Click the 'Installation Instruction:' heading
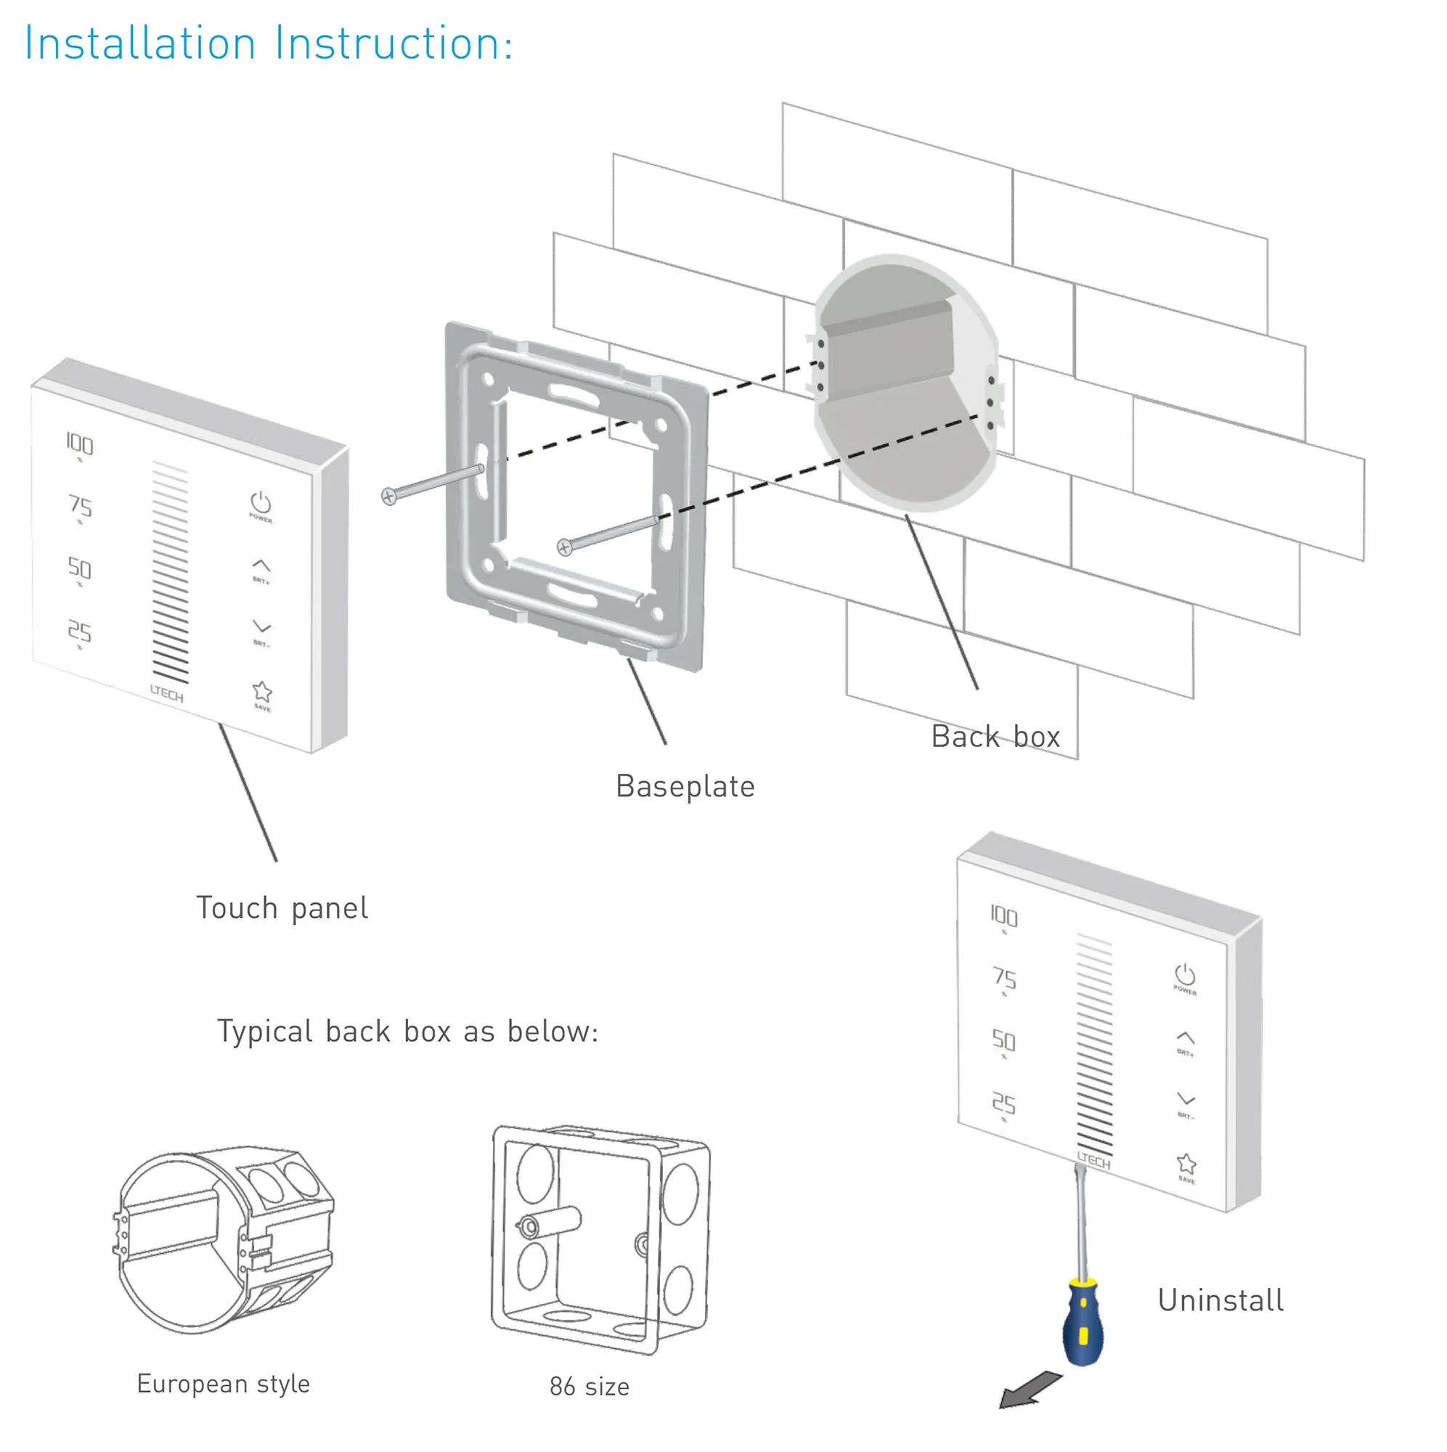[269, 44]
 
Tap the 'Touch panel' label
[282, 909]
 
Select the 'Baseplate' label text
[685, 787]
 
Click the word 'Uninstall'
[1220, 1301]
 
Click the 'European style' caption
[223, 1384]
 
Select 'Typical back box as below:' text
[407, 1032]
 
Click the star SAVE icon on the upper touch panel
[261, 692]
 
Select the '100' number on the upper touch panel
[79, 444]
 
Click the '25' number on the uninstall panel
[1004, 1104]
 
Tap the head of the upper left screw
[388, 497]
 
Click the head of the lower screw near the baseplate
[565, 548]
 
